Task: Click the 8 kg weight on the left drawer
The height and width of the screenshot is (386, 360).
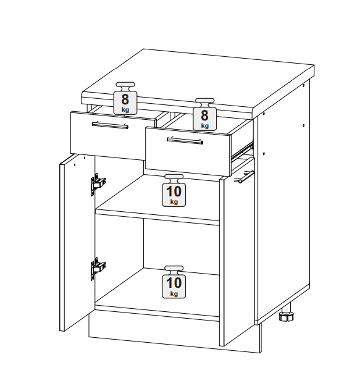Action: pyautogui.click(x=125, y=98)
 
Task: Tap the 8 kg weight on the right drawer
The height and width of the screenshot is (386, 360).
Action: pyautogui.click(x=205, y=114)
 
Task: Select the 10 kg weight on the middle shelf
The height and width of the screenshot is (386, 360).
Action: pyautogui.click(x=174, y=190)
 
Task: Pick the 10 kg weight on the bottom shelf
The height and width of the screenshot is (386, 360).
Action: pyautogui.click(x=174, y=282)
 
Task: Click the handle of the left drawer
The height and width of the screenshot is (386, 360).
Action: pyautogui.click(x=110, y=125)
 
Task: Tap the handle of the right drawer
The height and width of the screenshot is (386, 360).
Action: pyautogui.click(x=185, y=141)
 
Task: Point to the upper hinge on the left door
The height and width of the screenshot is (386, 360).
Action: pyautogui.click(x=98, y=184)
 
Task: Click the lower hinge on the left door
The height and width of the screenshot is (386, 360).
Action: pyautogui.click(x=98, y=269)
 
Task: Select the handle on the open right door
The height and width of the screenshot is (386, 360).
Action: pyautogui.click(x=246, y=177)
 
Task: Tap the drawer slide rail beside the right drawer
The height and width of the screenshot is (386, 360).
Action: pyautogui.click(x=243, y=150)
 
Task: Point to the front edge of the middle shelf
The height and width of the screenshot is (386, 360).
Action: pyautogui.click(x=157, y=217)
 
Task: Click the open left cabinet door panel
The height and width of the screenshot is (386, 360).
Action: pyautogui.click(x=77, y=243)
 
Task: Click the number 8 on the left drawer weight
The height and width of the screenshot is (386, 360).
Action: pyautogui.click(x=125, y=99)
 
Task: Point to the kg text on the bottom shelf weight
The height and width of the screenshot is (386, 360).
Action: pyautogui.click(x=174, y=294)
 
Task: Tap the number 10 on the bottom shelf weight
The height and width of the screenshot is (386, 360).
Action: pyautogui.click(x=174, y=283)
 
